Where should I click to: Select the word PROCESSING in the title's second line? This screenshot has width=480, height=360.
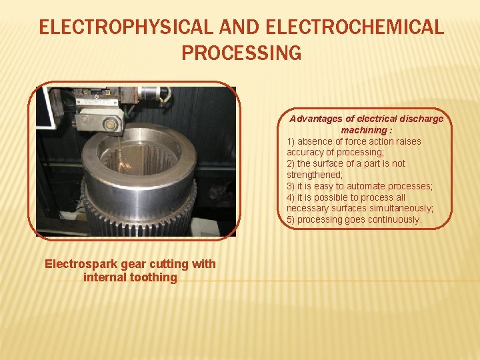coord(241,53)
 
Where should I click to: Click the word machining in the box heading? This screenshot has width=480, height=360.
coord(363,130)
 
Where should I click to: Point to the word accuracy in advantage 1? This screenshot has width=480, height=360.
coord(305,152)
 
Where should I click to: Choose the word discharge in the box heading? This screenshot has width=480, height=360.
coord(417,119)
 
